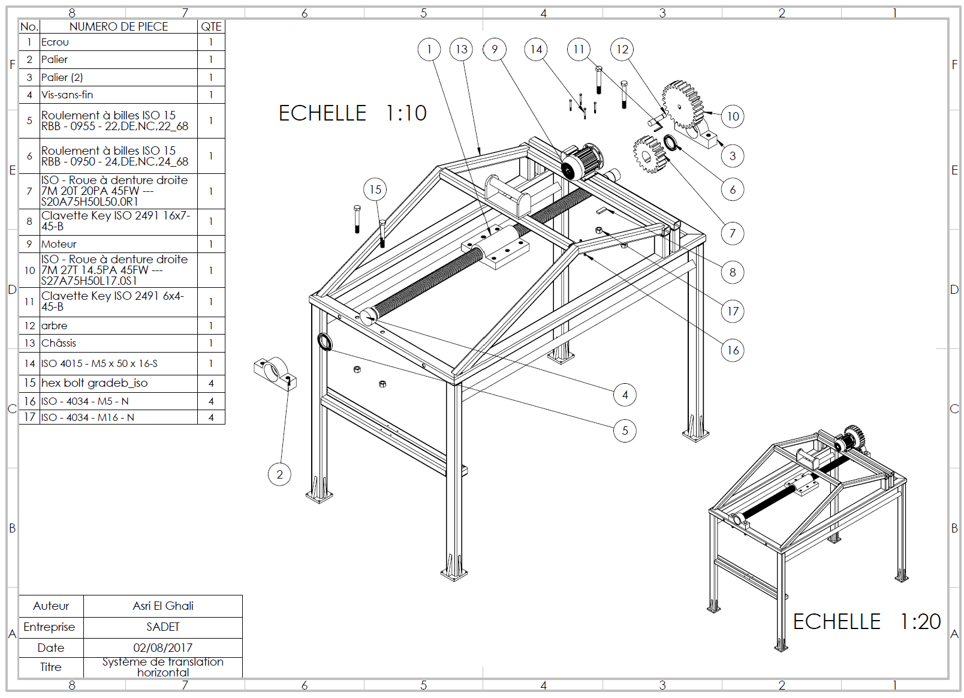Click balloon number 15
pyautogui.click(x=375, y=189)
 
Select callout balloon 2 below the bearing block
pyautogui.click(x=279, y=474)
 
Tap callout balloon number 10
pyautogui.click(x=733, y=116)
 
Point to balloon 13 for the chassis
pyautogui.click(x=461, y=49)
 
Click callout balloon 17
pyautogui.click(x=733, y=311)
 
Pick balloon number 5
pyautogui.click(x=625, y=431)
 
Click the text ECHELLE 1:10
pyautogui.click(x=353, y=113)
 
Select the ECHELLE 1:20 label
pyautogui.click(x=866, y=621)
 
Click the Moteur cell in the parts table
pyautogui.click(x=59, y=244)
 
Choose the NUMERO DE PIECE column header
pyautogui.click(x=119, y=26)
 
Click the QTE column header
pyautogui.click(x=211, y=26)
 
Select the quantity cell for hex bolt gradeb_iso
pyautogui.click(x=211, y=383)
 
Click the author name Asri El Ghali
pyautogui.click(x=163, y=606)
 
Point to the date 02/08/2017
pyautogui.click(x=163, y=648)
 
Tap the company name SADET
pyautogui.click(x=163, y=627)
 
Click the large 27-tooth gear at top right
pyautogui.click(x=682, y=104)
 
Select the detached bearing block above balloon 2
pyautogui.click(x=275, y=373)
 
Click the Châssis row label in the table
pyautogui.click(x=59, y=343)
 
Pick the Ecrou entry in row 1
pyautogui.click(x=55, y=42)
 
